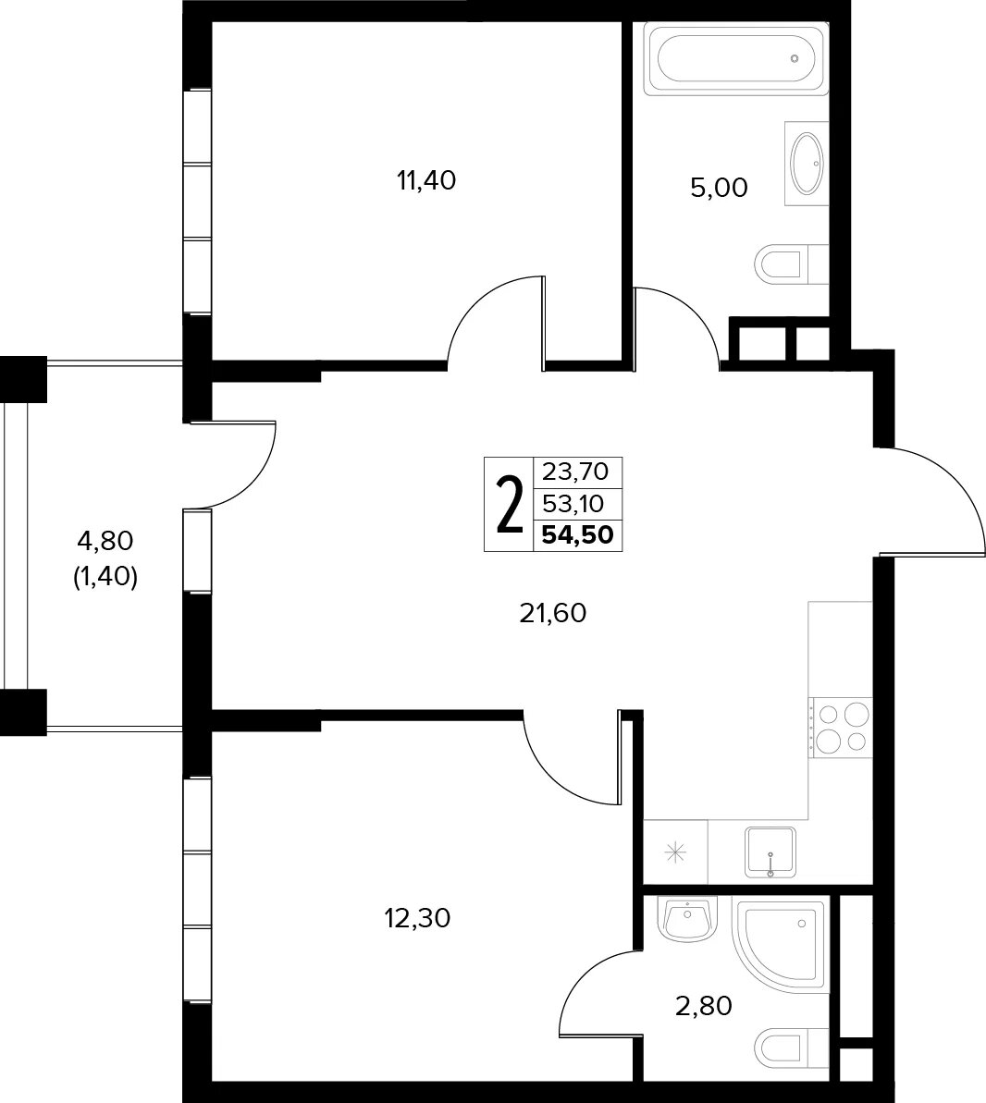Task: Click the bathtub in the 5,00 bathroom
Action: [736, 59]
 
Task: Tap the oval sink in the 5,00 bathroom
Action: [807, 164]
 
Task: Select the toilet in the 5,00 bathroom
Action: [792, 263]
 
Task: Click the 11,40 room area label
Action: [426, 181]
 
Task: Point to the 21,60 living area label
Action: [552, 613]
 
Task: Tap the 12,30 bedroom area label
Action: [417, 918]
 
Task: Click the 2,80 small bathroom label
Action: [704, 1006]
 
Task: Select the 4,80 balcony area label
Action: [105, 541]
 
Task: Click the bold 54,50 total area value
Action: [578, 535]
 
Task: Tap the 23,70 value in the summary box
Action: [575, 472]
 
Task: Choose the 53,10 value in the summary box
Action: [573, 504]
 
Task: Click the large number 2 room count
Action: [511, 505]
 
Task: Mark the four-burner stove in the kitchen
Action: [840, 728]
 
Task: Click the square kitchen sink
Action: [770, 852]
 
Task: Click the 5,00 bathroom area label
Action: [719, 188]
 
